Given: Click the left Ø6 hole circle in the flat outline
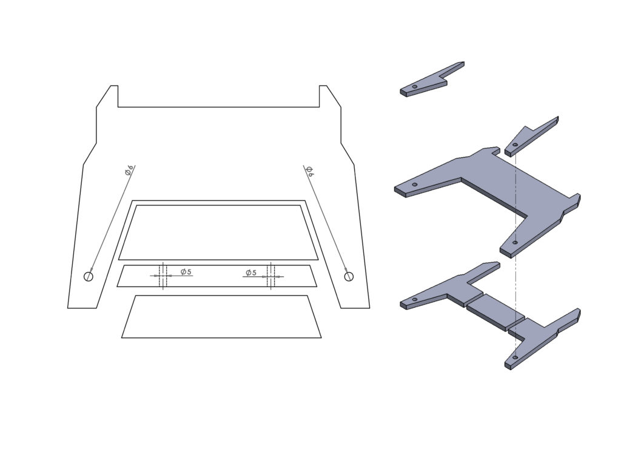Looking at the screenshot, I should click(x=89, y=277).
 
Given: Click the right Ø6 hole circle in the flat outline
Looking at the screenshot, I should click(x=348, y=277).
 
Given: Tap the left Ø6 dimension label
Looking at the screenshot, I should click(x=129, y=170).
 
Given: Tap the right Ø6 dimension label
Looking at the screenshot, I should click(x=309, y=171).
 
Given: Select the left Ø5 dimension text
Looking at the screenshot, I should click(x=186, y=272).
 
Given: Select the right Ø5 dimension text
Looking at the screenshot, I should click(x=250, y=272).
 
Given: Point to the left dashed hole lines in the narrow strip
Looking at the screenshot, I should click(x=163, y=276).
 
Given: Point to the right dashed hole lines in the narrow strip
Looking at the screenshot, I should click(x=272, y=276).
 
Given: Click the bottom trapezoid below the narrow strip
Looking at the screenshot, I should click(x=221, y=316).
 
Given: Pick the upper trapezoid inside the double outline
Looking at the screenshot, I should click(x=218, y=232).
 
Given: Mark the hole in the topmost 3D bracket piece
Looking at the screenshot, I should click(x=414, y=87).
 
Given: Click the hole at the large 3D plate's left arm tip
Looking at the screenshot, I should click(x=415, y=185).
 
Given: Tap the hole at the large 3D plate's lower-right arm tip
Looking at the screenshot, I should click(x=515, y=242).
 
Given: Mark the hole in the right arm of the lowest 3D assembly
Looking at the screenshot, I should click(x=514, y=358).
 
